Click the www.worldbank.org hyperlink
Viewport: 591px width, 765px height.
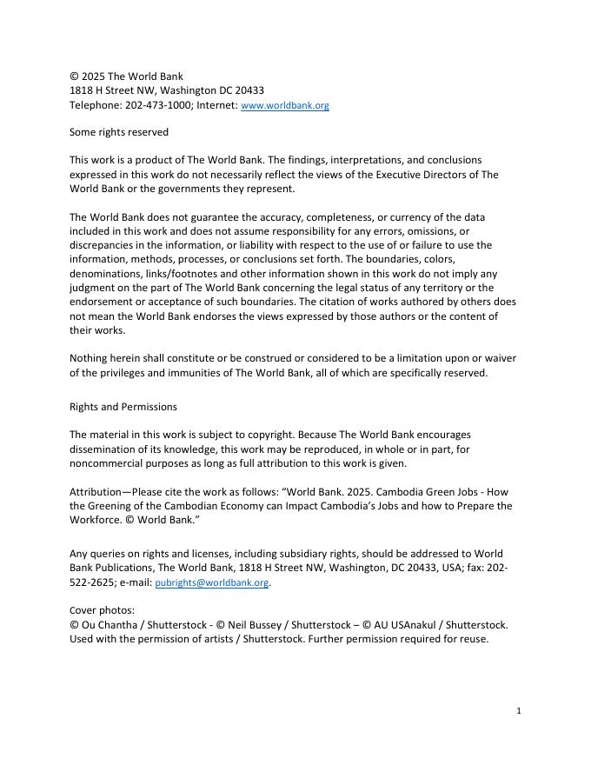284,105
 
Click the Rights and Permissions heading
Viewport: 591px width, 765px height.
123,406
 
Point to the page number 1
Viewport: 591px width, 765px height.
518,710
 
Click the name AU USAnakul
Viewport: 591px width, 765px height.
408,624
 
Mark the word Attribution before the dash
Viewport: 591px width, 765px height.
97,491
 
